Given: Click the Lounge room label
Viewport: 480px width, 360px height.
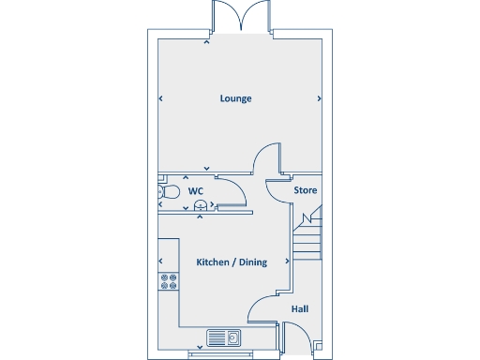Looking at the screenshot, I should [x=235, y=98].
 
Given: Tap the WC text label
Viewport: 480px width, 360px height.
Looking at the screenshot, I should [x=196, y=191].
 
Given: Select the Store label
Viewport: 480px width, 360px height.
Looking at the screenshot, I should [x=306, y=190].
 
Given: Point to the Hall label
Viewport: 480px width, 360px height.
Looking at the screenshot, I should [x=300, y=308].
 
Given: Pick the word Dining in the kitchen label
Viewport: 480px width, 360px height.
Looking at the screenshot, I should [x=253, y=262].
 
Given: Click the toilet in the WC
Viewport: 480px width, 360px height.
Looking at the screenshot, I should [x=167, y=192].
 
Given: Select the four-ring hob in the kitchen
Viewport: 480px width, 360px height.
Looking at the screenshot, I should [x=169, y=280].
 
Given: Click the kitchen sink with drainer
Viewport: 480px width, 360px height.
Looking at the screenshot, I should [x=225, y=337].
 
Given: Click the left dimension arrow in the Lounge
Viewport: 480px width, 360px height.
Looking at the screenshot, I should [x=161, y=98].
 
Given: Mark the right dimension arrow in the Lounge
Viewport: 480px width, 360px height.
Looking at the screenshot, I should [x=320, y=98].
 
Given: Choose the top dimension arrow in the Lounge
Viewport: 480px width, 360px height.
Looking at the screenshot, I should [x=208, y=42].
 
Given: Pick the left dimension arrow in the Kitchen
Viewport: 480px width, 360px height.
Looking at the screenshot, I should [x=161, y=262].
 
